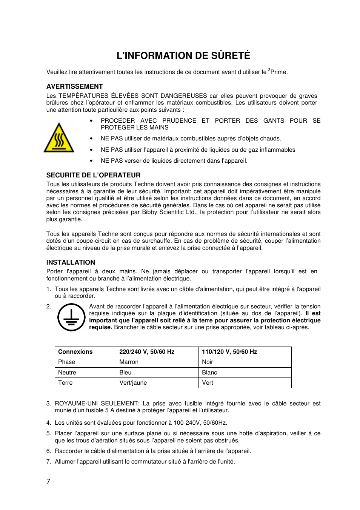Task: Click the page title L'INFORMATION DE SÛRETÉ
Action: [x=183, y=55]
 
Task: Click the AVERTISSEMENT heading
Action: [x=74, y=86]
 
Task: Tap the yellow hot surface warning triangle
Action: [x=59, y=138]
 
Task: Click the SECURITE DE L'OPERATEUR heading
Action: [x=93, y=175]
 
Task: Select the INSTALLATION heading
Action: [x=71, y=262]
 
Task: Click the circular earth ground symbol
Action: [x=71, y=317]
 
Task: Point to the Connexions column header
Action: [x=75, y=352]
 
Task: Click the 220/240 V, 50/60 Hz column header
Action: [x=147, y=352]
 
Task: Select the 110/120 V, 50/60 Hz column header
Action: [x=229, y=352]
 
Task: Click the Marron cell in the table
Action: [x=129, y=362]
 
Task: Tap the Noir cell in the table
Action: [x=208, y=362]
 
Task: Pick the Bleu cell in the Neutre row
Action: [x=125, y=373]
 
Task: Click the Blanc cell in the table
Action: [x=209, y=373]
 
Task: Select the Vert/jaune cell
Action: [x=133, y=383]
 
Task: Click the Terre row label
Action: [x=65, y=383]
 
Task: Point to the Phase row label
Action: [x=66, y=362]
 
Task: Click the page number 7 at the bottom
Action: [x=48, y=481]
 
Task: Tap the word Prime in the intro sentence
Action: [x=278, y=72]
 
